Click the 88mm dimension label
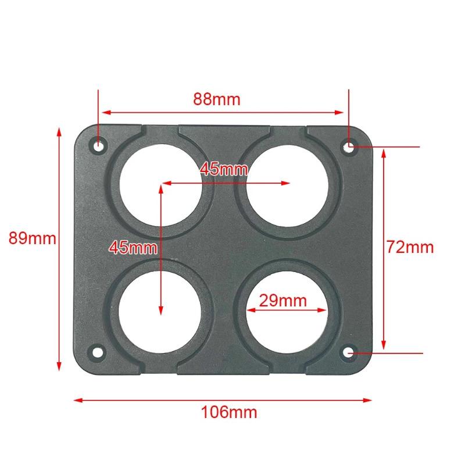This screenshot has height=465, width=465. point(217,99)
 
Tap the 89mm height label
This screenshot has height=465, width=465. point(32,239)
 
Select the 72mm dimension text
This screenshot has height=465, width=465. point(410,247)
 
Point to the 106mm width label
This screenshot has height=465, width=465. point(229,413)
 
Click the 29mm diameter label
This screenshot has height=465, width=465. point(282,301)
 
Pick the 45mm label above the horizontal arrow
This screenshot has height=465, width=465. point(224,169)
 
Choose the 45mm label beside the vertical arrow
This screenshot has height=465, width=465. point(133,247)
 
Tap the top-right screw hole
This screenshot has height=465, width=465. point(349,146)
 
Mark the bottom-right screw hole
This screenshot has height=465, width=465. point(349,352)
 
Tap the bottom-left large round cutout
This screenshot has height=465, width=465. point(161,309)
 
